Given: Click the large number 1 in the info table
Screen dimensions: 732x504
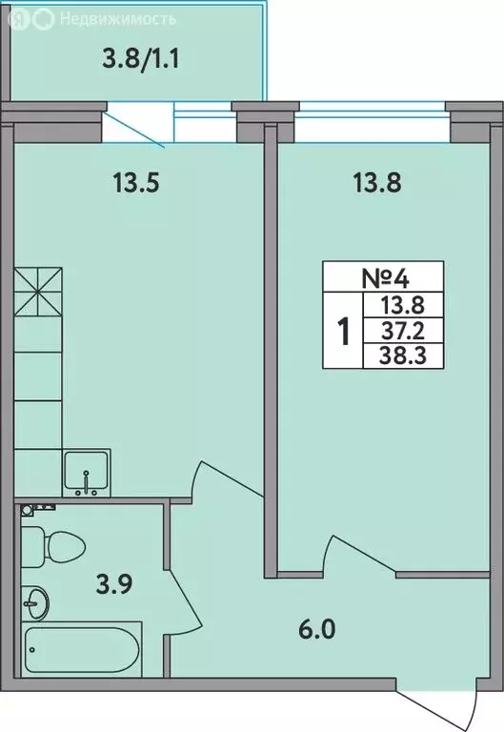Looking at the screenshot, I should pyautogui.click(x=343, y=332).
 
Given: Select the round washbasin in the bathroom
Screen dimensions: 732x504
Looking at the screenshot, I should pyautogui.click(x=39, y=600).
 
